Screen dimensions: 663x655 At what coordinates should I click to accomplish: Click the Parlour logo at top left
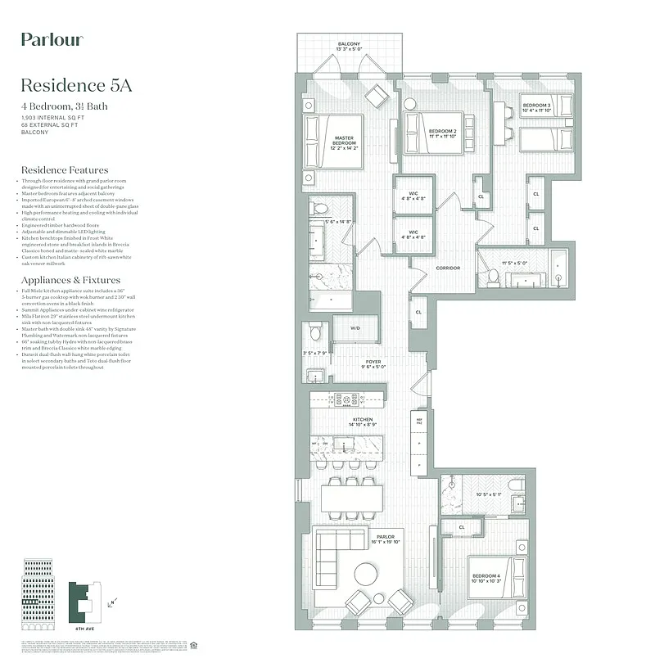coord(51,39)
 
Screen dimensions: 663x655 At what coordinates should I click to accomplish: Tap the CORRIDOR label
coord(448,268)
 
